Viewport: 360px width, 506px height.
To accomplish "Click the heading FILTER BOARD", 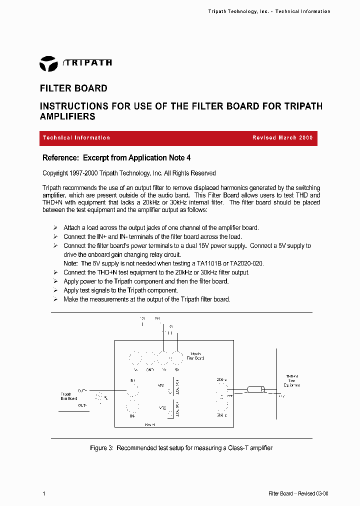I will [73, 88].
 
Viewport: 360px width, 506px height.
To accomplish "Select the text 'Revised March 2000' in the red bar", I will [282, 138].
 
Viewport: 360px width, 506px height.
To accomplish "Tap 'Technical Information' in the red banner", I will [76, 138].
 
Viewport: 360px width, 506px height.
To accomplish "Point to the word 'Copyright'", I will [55, 173].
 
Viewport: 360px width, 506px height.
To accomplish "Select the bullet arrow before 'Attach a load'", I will [55, 228].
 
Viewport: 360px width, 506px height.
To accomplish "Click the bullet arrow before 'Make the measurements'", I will [55, 299].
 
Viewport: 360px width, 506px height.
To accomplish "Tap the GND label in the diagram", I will [149, 369].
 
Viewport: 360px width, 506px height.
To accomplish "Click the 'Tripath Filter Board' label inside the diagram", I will [195, 355].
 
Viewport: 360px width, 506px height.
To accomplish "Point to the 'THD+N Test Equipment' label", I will [291, 381].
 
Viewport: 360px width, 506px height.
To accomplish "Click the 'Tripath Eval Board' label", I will [68, 396].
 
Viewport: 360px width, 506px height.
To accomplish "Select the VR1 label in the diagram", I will [161, 385].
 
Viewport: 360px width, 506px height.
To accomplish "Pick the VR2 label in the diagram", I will [162, 408].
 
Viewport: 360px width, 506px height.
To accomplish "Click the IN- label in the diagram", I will [132, 415].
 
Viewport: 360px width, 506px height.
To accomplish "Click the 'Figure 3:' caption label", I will [102, 448].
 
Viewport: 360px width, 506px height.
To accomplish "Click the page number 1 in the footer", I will [44, 494].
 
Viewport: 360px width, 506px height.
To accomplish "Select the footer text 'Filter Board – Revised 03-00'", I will [298, 494].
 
